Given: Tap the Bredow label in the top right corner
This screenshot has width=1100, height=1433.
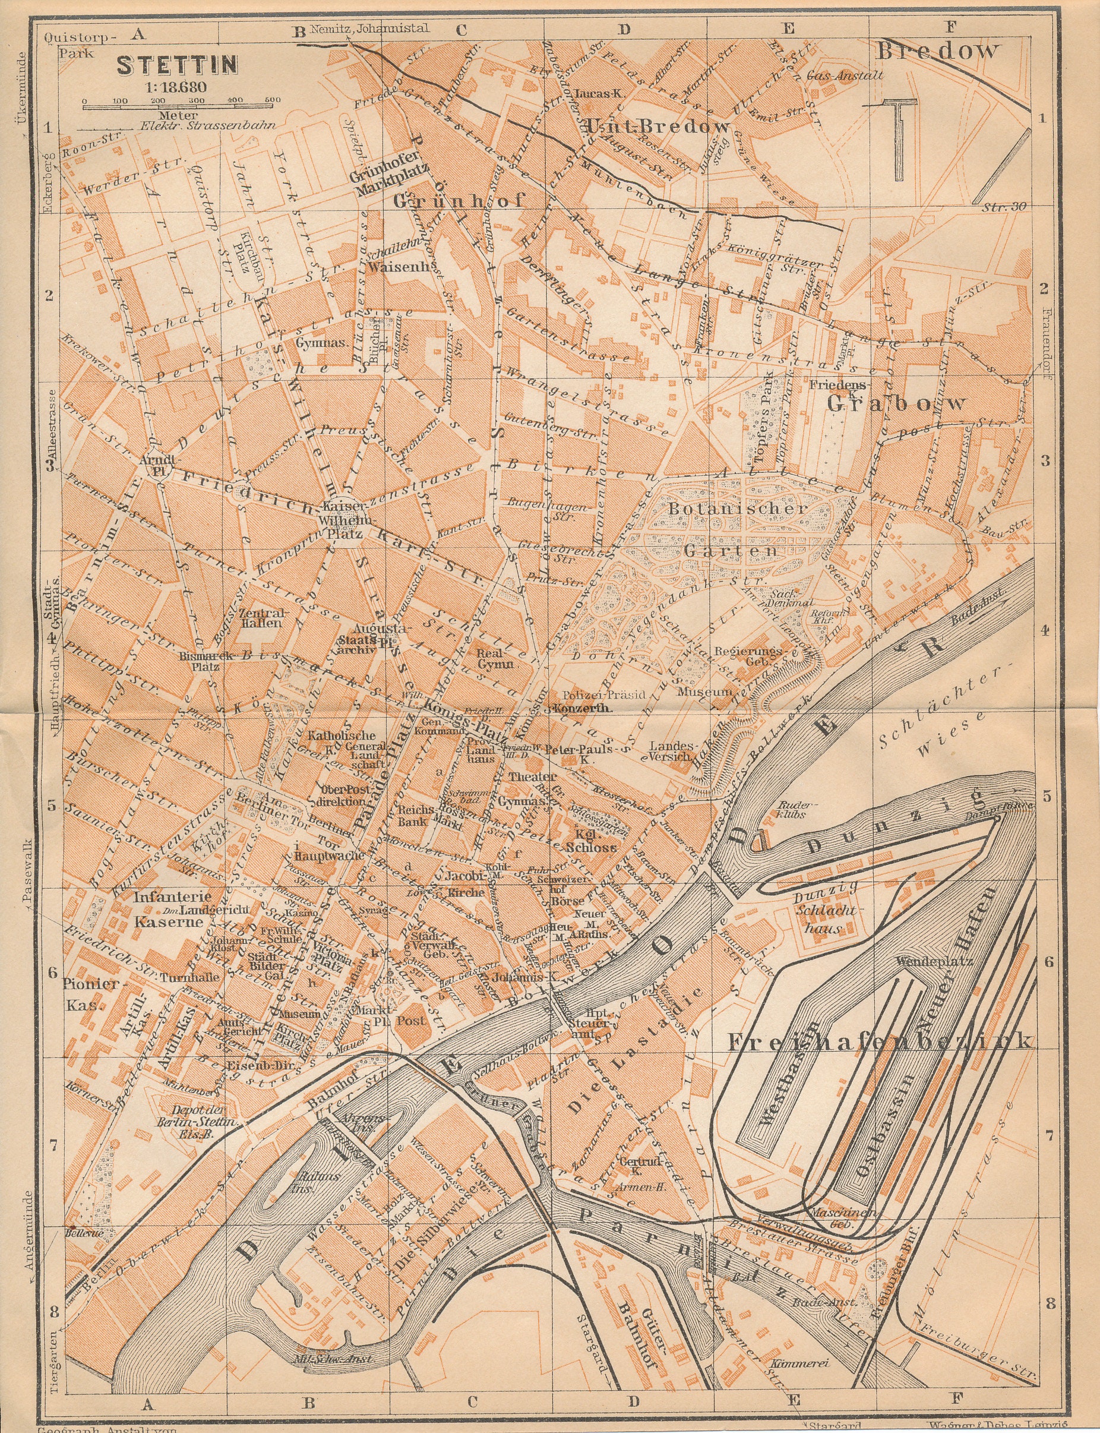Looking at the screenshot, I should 938,51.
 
